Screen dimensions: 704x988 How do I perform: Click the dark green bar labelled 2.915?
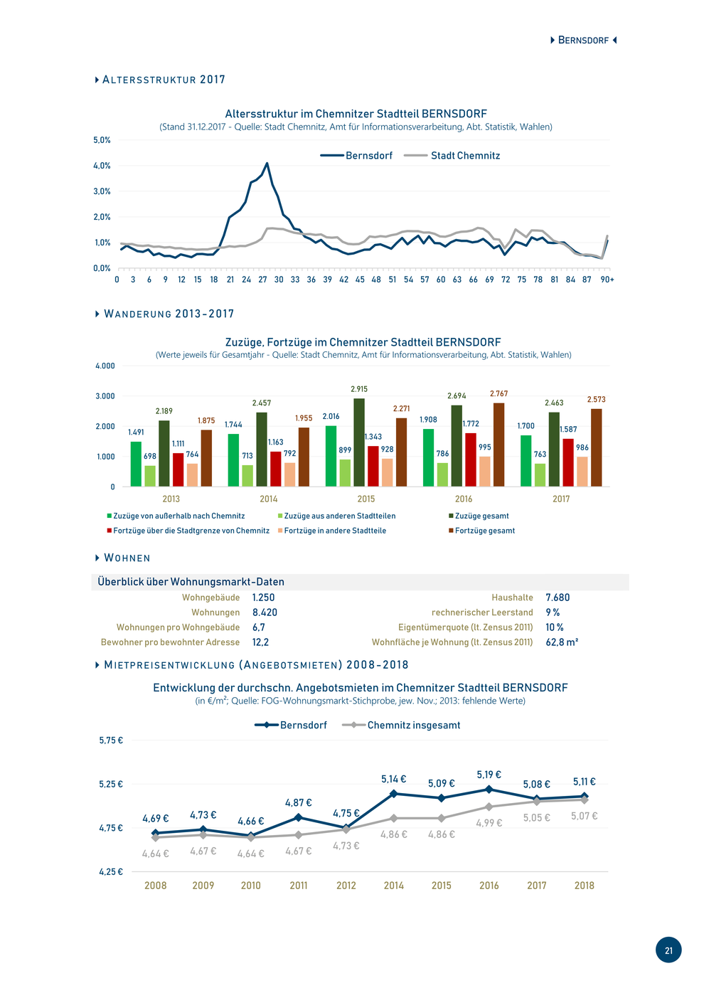pyautogui.click(x=359, y=442)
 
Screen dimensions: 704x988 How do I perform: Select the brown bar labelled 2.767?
pyautogui.click(x=498, y=445)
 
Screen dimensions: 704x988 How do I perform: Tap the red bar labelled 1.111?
pyautogui.click(x=178, y=469)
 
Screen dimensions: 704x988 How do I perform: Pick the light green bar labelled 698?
pyautogui.click(x=150, y=476)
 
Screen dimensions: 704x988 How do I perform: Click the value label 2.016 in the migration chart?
pyautogui.click(x=331, y=416)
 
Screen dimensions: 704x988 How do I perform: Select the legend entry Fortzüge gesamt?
pyautogui.click(x=481, y=531)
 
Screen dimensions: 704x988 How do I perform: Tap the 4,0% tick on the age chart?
pyautogui.click(x=102, y=166)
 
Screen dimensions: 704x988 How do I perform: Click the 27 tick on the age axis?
pyautogui.click(x=262, y=280)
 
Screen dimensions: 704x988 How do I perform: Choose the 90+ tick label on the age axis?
pyautogui.click(x=607, y=280)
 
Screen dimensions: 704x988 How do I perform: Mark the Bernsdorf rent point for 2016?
pyautogui.click(x=489, y=789)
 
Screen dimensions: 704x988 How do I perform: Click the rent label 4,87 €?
pyautogui.click(x=298, y=802)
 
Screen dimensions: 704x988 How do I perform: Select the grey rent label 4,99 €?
pyautogui.click(x=489, y=822)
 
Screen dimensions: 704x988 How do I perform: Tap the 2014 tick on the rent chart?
pyautogui.click(x=393, y=886)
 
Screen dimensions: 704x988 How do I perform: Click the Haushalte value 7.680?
pyautogui.click(x=558, y=597)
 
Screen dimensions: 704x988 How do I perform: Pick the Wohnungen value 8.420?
pyautogui.click(x=265, y=612)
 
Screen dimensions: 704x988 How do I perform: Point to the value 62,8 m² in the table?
pyautogui.click(x=561, y=642)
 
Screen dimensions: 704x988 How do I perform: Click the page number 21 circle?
pyautogui.click(x=668, y=950)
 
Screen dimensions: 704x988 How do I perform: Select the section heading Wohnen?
pyautogui.click(x=127, y=558)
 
